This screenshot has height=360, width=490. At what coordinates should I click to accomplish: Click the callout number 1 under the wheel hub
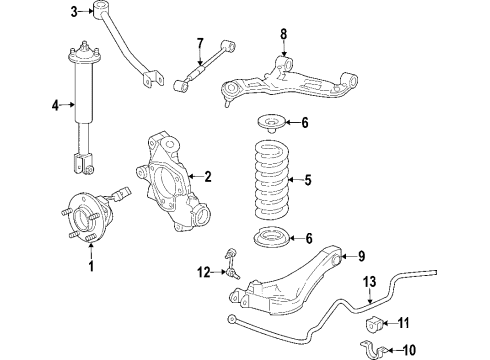(92, 266)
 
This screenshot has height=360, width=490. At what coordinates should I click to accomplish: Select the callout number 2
(208, 177)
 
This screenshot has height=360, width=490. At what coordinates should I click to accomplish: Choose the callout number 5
(307, 181)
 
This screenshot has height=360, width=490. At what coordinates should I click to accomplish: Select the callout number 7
(200, 41)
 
